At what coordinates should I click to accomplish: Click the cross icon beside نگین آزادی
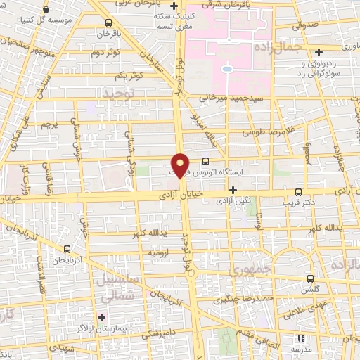tap(233, 190)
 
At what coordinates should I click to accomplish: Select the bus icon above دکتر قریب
tap(299, 191)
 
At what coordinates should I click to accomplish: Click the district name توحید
tap(117, 93)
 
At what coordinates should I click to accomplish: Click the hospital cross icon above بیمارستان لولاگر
tap(103, 317)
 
